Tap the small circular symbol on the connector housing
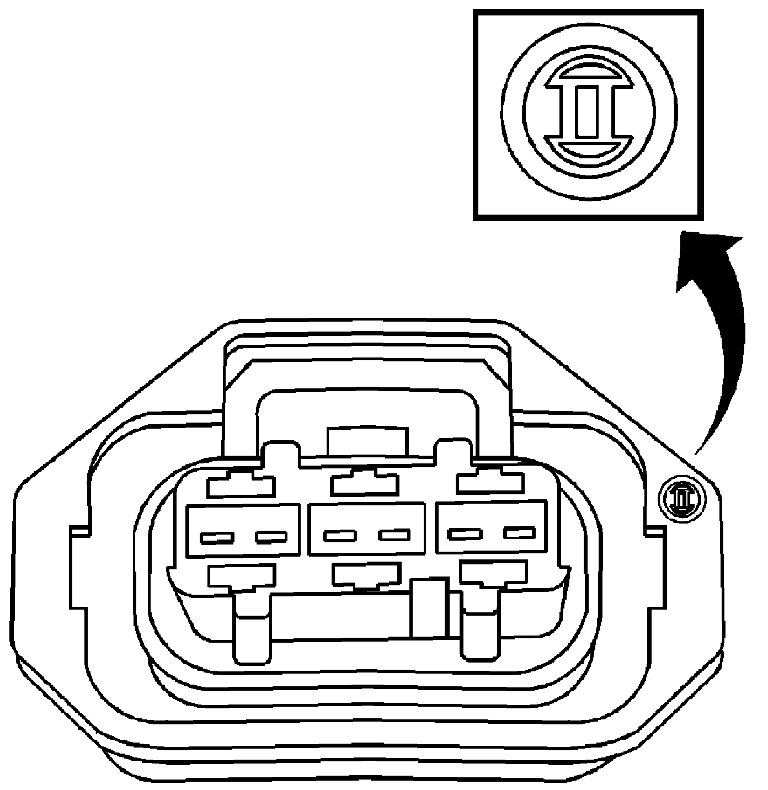point(682,499)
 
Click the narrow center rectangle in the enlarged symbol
point(586,112)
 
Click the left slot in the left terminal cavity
point(217,537)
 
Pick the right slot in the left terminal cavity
point(271,536)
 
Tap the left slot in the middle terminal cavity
point(340,535)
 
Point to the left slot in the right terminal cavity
point(465,533)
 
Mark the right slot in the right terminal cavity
point(519,532)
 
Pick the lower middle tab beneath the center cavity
point(366,575)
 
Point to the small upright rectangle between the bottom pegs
point(429,607)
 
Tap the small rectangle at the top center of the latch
point(367,441)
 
